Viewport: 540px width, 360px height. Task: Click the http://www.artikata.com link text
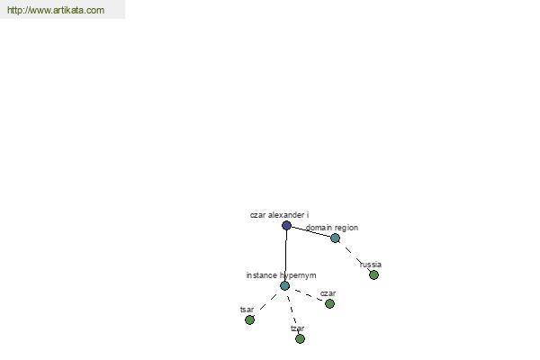(56, 10)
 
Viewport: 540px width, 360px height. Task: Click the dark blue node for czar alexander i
(286, 226)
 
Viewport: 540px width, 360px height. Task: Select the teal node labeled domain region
(335, 238)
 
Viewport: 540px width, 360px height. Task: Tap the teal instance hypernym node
(284, 285)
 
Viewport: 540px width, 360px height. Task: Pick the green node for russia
(374, 274)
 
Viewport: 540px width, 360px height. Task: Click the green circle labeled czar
(329, 304)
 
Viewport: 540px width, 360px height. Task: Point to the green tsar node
(249, 320)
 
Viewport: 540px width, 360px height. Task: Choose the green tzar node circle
(300, 339)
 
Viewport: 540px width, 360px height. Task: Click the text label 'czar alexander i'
(279, 215)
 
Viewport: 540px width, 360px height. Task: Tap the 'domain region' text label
(332, 228)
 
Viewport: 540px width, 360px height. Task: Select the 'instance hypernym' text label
(281, 275)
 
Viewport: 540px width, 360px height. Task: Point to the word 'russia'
(371, 265)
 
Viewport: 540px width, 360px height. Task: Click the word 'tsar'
(247, 310)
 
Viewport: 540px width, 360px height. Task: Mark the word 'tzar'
(298, 328)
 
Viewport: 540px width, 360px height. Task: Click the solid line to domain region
(311, 232)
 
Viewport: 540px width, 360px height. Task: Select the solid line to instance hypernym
(286, 256)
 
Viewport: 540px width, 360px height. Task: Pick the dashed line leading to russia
(355, 256)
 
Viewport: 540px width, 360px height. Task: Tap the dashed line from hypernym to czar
(307, 295)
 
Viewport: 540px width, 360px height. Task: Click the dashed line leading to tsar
(268, 302)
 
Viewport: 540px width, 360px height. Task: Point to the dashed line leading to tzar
(292, 312)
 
